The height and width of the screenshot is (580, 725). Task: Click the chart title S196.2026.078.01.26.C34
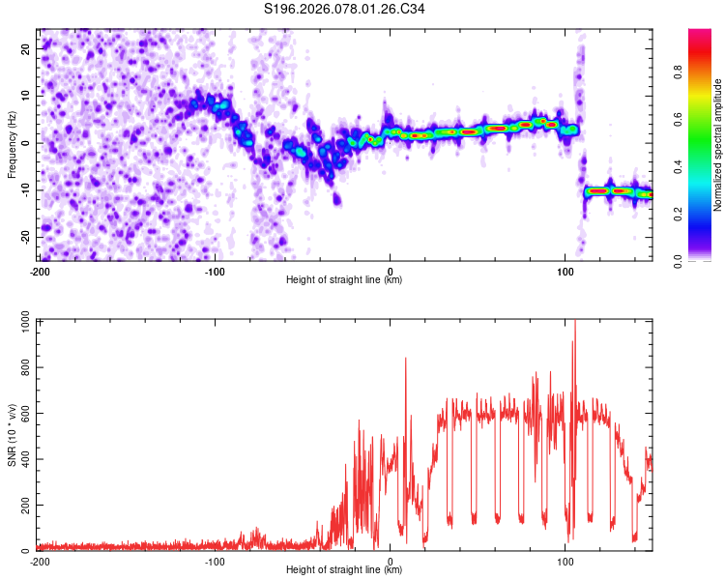(345, 10)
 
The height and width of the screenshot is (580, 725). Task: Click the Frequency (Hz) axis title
(12, 144)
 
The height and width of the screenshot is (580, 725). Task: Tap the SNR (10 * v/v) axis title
(12, 434)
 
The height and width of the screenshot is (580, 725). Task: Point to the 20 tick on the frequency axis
(27, 49)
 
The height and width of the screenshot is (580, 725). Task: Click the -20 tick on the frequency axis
(25, 237)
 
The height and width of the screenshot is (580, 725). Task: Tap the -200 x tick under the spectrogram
(40, 272)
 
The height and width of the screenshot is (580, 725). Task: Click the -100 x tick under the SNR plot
(215, 562)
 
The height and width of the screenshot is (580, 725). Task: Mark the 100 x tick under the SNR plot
(565, 562)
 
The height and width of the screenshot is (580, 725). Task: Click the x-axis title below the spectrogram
(345, 280)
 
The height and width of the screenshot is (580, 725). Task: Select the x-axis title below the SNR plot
(345, 570)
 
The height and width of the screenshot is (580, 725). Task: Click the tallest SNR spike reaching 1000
(574, 325)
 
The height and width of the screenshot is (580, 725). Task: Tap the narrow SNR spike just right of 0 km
(405, 360)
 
